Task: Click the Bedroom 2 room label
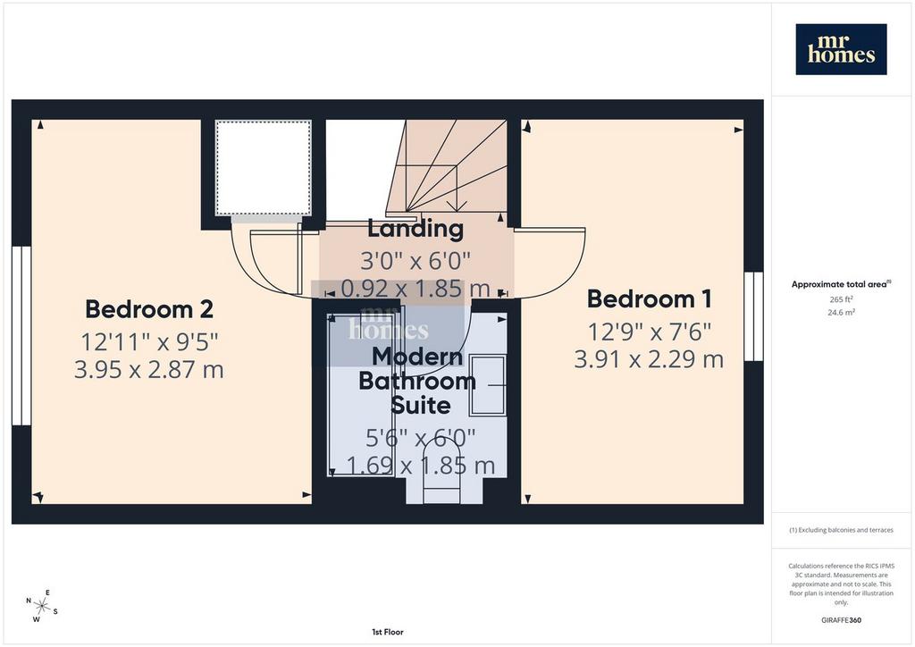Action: point(149,309)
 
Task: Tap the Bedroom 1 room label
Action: point(649,298)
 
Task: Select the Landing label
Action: point(416,229)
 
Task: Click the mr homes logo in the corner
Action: point(841,49)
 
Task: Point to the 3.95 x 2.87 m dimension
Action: point(149,370)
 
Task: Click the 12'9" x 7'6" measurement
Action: point(649,332)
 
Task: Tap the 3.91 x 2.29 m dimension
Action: point(649,359)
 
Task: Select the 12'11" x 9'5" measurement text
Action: point(149,342)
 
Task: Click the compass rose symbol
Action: point(41,606)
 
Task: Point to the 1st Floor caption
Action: point(388,632)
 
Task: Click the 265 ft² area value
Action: point(841,299)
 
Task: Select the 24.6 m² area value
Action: point(841,312)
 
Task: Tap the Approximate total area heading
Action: point(841,285)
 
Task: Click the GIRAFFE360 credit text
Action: point(841,620)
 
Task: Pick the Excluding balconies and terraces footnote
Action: point(841,530)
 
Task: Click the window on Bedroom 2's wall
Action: point(21,335)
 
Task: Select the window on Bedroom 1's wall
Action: point(753,316)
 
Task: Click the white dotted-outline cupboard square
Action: point(264,168)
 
